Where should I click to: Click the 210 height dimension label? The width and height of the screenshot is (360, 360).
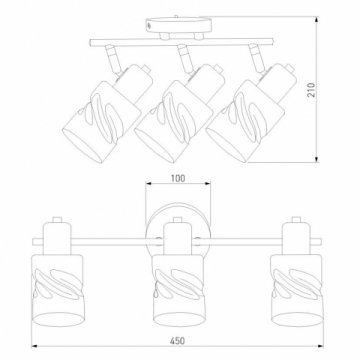point(311,89)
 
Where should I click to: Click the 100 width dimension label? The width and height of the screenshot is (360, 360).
point(178,178)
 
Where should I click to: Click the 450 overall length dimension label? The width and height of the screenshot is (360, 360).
point(177,341)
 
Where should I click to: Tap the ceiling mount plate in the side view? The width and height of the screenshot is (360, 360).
point(179,25)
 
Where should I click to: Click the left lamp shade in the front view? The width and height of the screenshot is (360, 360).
point(57,290)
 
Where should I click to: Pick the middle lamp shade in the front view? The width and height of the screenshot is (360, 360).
point(179,290)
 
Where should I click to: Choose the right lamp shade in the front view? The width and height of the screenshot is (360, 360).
point(297,290)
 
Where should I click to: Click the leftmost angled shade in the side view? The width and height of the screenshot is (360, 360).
point(102,122)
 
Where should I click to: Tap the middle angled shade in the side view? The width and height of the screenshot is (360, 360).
point(174,122)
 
